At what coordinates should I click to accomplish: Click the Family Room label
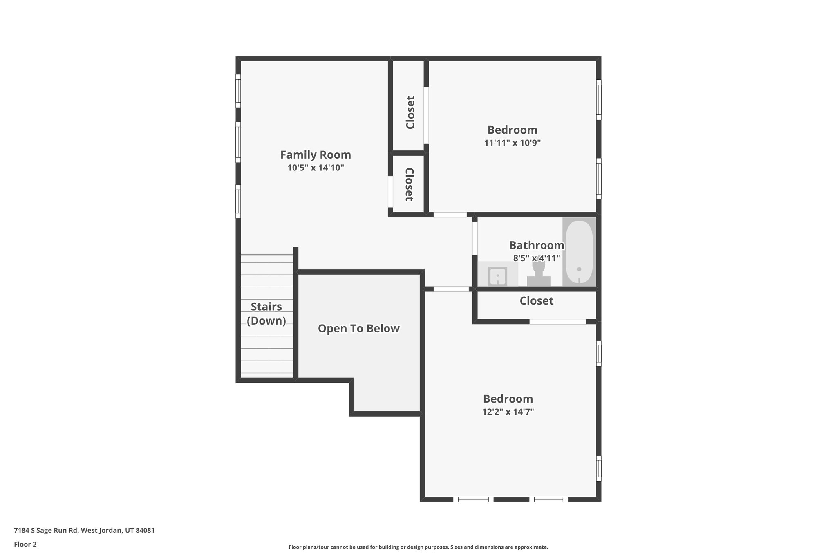point(315,155)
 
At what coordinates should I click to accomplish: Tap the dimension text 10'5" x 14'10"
point(315,168)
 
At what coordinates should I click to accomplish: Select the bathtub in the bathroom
point(579,252)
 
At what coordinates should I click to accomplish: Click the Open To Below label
point(358,329)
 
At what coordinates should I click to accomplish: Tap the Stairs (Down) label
point(266,314)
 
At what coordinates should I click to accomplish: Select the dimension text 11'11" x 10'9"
point(512,143)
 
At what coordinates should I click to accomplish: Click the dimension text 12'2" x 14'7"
point(508,412)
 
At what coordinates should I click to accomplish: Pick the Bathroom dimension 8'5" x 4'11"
point(536,258)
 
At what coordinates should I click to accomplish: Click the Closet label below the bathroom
point(536,301)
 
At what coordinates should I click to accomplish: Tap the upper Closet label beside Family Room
point(410,112)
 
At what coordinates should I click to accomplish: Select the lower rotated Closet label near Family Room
point(409,184)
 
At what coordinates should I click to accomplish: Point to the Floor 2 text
point(25,544)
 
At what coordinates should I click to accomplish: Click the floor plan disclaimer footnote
point(418,547)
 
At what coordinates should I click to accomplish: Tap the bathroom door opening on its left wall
point(475,238)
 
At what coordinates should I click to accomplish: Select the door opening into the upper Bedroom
point(450,215)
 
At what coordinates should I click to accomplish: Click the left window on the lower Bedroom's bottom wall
point(473,499)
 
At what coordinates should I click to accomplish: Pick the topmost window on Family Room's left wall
point(238,91)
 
